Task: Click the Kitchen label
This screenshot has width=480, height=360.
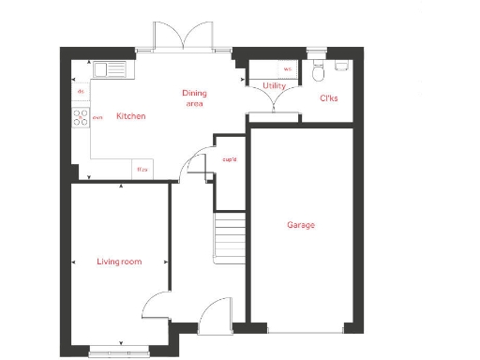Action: (130, 116)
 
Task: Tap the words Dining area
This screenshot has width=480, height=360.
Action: (194, 98)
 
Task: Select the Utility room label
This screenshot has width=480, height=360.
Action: (274, 86)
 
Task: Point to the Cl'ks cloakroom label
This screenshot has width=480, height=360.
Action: (329, 97)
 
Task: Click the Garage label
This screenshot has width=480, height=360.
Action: (300, 225)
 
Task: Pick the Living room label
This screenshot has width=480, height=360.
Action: (119, 262)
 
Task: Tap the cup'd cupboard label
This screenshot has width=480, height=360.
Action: (229, 159)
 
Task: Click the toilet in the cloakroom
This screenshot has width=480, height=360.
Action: (319, 67)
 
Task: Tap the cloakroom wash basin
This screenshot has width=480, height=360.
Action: (341, 65)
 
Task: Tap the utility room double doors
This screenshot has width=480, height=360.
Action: (274, 103)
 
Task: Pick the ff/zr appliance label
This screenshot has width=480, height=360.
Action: (142, 170)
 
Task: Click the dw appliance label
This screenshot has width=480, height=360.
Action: (81, 91)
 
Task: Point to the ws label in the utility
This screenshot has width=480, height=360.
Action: (287, 68)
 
